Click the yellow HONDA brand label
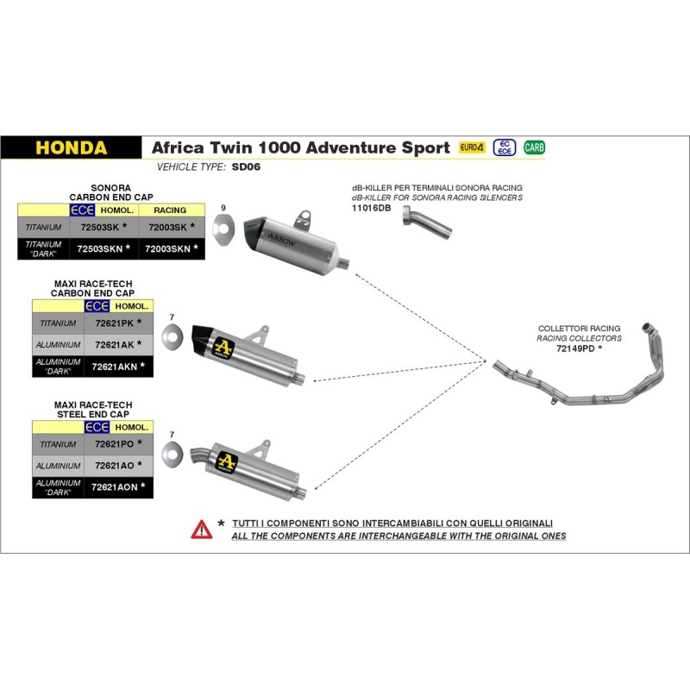71,147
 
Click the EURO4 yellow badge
473,147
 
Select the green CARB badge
535,147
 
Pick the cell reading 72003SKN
169,248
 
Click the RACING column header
170,210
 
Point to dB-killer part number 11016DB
373,209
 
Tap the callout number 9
223,209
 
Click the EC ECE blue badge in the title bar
505,147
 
